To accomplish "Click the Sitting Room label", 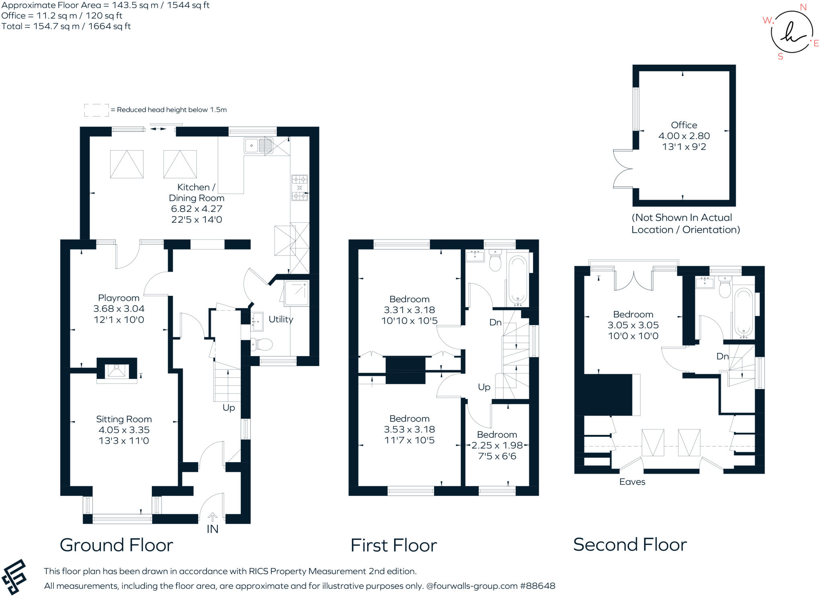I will tap(124, 419).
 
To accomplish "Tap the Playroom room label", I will tap(119, 298).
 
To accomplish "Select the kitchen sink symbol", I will tap(258, 145).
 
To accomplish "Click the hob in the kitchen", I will tap(299, 187).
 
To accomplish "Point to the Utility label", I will tap(280, 319).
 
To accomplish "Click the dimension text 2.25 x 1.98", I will tap(497, 445).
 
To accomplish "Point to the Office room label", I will tap(684, 125).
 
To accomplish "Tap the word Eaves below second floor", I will tap(632, 482).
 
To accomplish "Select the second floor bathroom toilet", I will tap(725, 287).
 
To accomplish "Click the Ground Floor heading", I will tap(117, 545).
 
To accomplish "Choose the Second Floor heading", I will tap(630, 545).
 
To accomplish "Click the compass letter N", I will tap(803, 7).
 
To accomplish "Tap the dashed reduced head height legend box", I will tap(96, 110).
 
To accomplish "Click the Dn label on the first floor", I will tap(495, 322).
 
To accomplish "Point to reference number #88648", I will tap(538, 586).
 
